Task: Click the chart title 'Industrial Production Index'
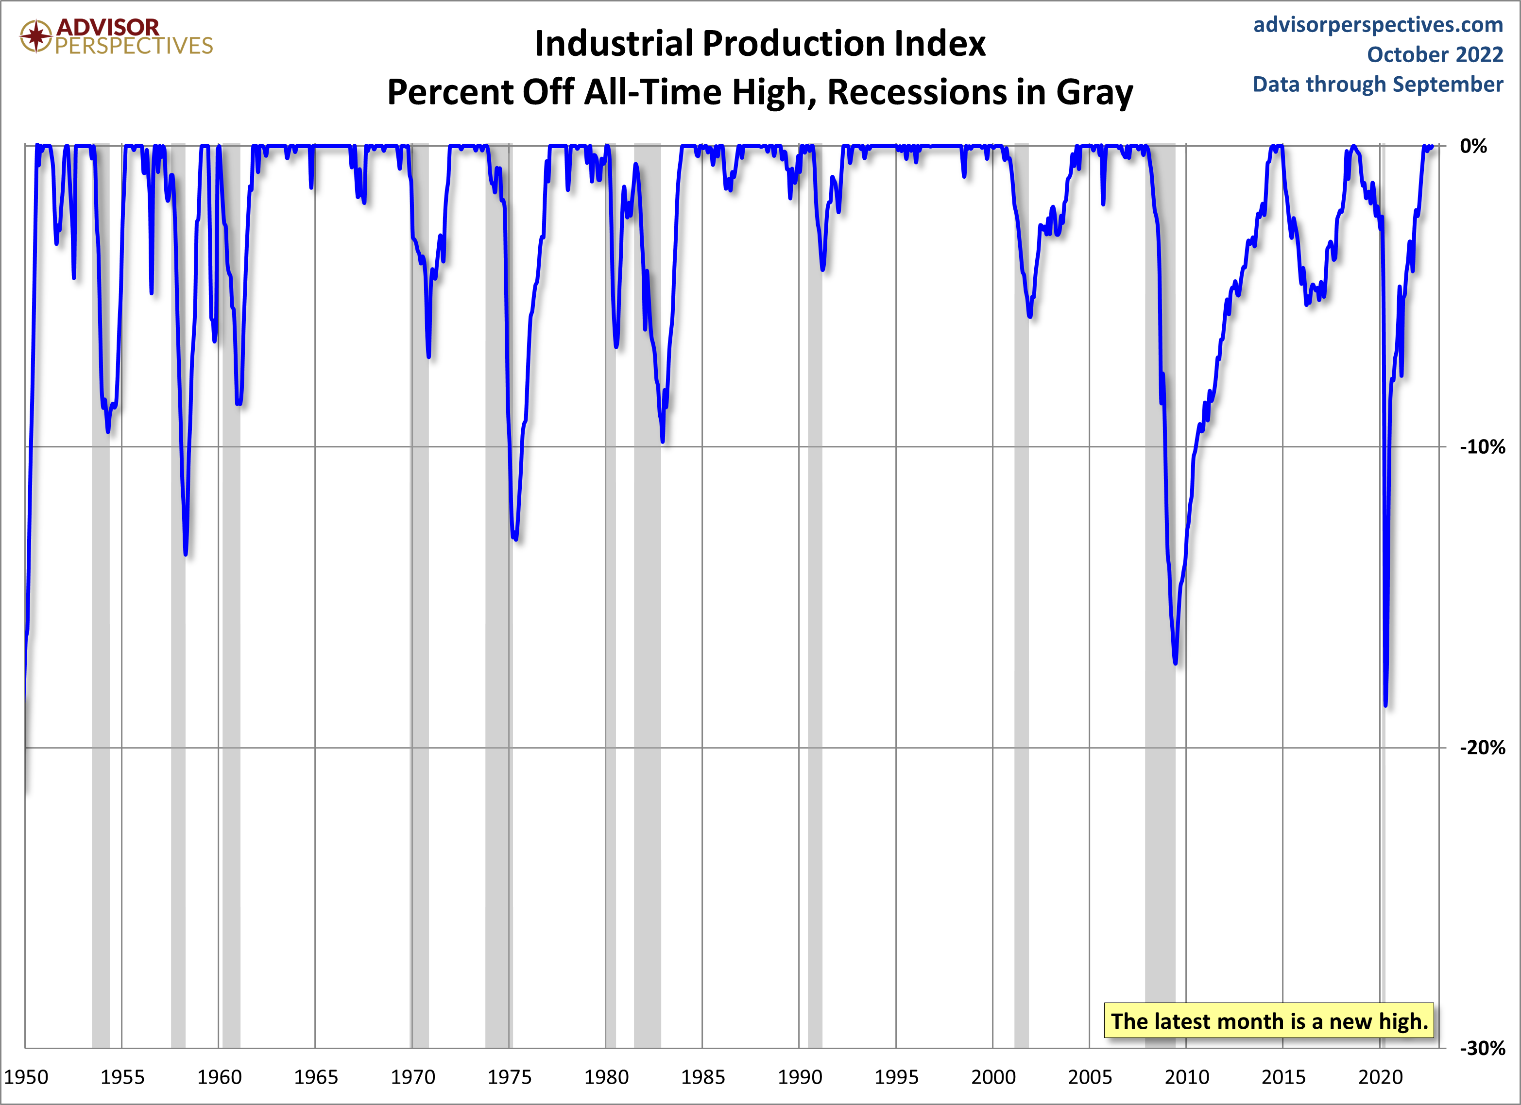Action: point(760,44)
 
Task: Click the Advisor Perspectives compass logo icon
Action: point(35,35)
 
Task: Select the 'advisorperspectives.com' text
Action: point(1378,25)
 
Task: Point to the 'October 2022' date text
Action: point(1435,54)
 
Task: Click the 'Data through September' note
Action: point(1378,85)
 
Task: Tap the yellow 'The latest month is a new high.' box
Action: point(1269,1020)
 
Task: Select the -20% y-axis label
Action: point(1482,748)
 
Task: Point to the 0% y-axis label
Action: point(1473,146)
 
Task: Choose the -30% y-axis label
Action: point(1482,1048)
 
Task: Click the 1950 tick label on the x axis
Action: point(26,1077)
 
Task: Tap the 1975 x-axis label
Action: point(510,1077)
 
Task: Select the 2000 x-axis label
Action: point(993,1077)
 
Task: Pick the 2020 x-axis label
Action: point(1380,1077)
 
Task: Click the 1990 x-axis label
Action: point(800,1077)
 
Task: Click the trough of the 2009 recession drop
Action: point(1176,663)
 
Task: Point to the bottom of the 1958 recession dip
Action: point(185,554)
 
